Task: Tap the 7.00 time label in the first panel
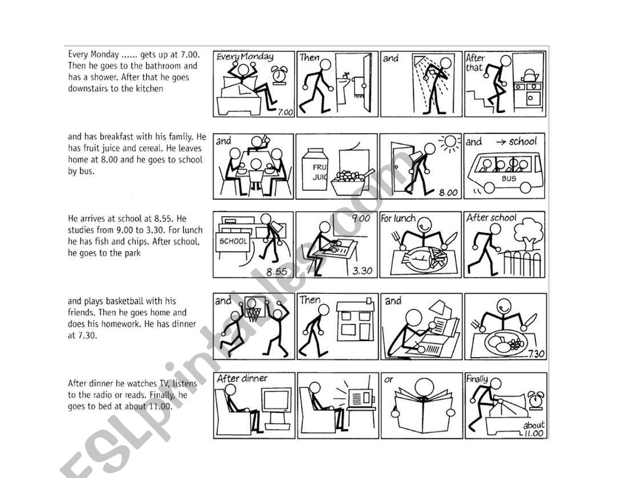tap(285, 112)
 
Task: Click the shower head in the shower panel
tap(419, 60)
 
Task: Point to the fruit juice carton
tap(315, 169)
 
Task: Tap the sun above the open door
tap(450, 143)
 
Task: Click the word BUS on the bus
tap(509, 179)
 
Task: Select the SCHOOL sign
tap(233, 241)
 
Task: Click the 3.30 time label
tap(362, 271)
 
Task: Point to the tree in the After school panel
tap(528, 234)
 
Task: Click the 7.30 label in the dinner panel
tap(536, 354)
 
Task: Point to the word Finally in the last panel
tap(477, 379)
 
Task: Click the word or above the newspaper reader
tap(389, 380)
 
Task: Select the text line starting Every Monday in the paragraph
tap(134, 55)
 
